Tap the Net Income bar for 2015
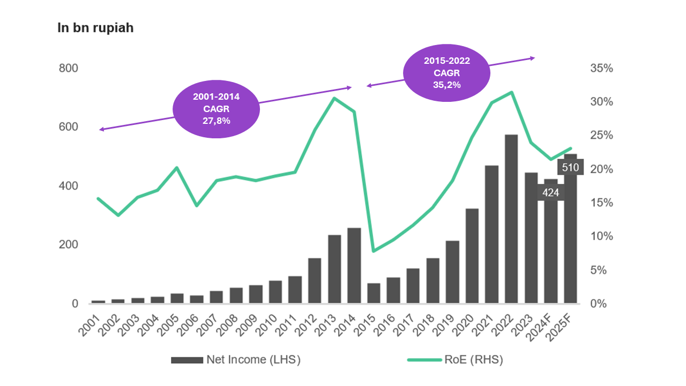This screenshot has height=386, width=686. point(374,293)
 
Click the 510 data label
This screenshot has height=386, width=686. point(570,167)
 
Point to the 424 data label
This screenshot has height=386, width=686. point(550,192)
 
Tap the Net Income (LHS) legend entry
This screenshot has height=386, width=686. point(236,360)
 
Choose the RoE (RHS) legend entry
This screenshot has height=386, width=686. point(455,360)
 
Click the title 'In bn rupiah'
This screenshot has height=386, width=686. point(95,28)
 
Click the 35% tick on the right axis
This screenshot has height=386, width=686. point(601,69)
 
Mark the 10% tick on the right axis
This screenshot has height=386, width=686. point(601,236)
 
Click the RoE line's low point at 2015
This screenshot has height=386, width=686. point(374,251)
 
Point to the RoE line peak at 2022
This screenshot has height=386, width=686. point(511,92)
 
